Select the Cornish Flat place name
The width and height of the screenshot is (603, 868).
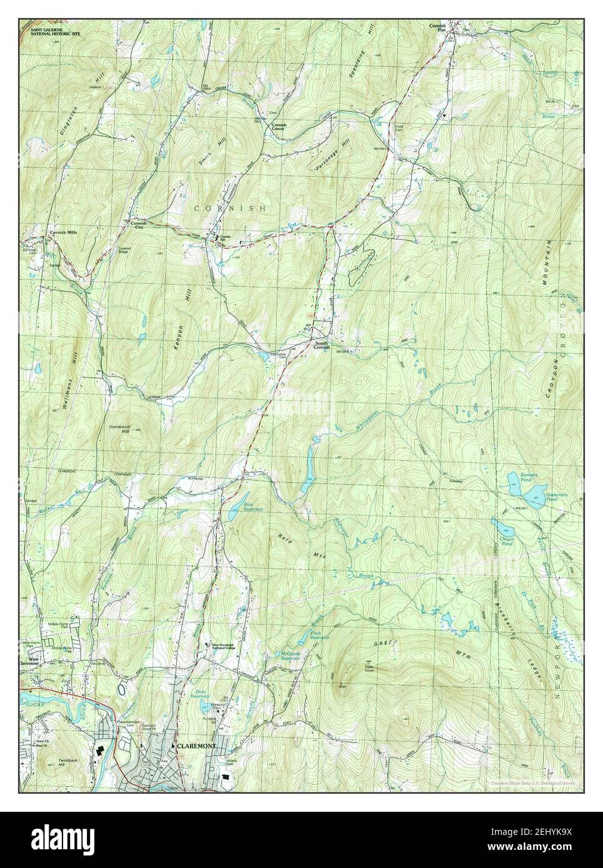pos(438,28)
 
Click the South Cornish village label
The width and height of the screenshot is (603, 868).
pos(321,344)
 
